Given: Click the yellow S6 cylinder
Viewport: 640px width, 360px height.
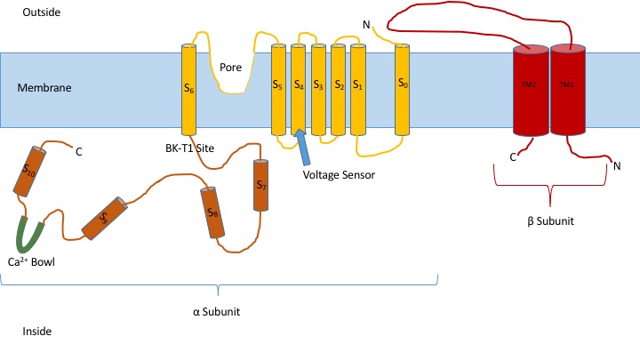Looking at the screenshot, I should [x=188, y=89].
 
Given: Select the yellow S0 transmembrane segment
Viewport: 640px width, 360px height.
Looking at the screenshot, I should [x=402, y=89].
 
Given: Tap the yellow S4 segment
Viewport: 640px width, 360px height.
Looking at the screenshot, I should [x=299, y=89].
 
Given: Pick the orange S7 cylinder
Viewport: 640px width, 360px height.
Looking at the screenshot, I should [x=260, y=186].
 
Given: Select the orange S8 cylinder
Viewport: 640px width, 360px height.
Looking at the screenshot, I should [x=212, y=212].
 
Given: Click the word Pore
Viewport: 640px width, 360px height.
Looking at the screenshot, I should [x=231, y=67].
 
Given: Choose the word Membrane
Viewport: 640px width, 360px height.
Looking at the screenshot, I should [x=44, y=88].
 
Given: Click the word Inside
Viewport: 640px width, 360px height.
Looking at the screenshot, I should [x=36, y=332].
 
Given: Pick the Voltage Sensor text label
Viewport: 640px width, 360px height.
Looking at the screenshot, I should [x=339, y=174].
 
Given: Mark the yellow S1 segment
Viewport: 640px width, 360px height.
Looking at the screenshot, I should [x=358, y=89].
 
